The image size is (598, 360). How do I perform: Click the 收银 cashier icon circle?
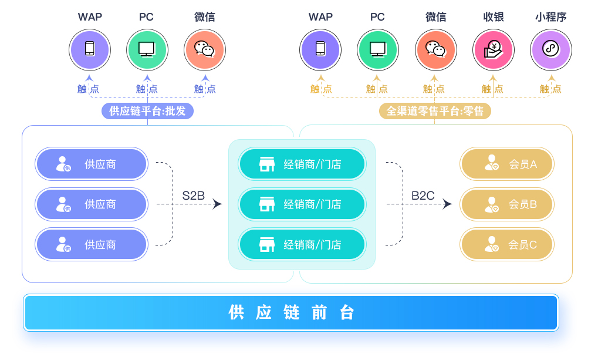493,50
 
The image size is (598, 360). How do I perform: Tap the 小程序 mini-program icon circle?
550,50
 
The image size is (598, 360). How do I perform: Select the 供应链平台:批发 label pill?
147,111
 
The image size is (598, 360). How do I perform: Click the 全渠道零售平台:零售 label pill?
435,111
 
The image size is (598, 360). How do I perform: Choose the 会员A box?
507,164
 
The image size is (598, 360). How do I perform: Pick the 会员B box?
507,204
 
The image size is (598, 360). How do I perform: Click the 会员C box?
507,244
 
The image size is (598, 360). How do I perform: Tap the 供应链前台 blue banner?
291,312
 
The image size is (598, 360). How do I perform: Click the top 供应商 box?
91,164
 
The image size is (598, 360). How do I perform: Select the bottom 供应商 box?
91,244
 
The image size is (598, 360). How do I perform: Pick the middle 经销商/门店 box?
302,204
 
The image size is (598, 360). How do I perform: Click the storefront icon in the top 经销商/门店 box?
267,164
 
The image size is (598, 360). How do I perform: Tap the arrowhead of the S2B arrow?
218,204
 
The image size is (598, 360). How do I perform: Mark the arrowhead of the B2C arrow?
448,204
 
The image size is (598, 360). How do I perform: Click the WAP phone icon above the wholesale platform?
89,50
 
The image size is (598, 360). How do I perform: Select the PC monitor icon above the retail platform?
377,50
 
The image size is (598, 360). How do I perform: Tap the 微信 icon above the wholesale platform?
204,50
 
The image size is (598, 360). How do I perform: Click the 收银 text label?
493,17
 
